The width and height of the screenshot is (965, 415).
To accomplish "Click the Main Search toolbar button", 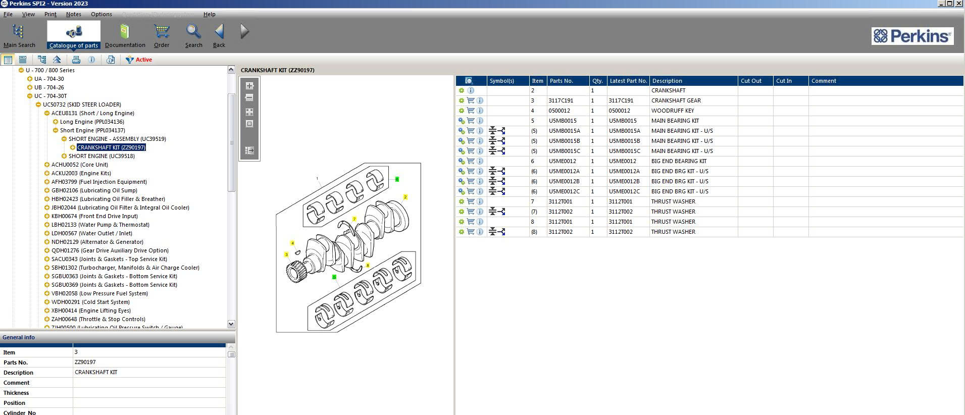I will [19, 35].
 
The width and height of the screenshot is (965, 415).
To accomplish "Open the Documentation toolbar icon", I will [125, 35].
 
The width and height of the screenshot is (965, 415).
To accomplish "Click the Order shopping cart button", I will [162, 35].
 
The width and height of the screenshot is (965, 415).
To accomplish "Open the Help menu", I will [209, 14].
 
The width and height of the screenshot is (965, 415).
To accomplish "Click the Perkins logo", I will [912, 36].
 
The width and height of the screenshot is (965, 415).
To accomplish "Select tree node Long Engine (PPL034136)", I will [91, 122].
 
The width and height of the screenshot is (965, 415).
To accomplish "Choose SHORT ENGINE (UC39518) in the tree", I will [101, 156].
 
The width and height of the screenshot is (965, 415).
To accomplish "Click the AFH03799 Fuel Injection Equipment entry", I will [99, 182].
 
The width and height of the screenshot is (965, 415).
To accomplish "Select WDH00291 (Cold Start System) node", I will [90, 302].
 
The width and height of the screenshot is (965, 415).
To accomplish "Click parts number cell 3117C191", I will [561, 100].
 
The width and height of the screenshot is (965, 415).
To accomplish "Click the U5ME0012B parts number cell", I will [564, 181].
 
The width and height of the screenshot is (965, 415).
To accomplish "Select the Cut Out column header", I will [751, 81].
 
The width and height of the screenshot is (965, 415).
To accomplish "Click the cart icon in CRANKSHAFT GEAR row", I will [471, 100].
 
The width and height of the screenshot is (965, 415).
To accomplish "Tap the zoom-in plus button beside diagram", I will [249, 86].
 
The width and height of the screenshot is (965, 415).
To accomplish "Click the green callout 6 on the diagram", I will [397, 179].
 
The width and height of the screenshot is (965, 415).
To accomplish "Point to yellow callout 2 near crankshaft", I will [405, 197].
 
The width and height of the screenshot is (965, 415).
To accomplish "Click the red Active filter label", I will [143, 60].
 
